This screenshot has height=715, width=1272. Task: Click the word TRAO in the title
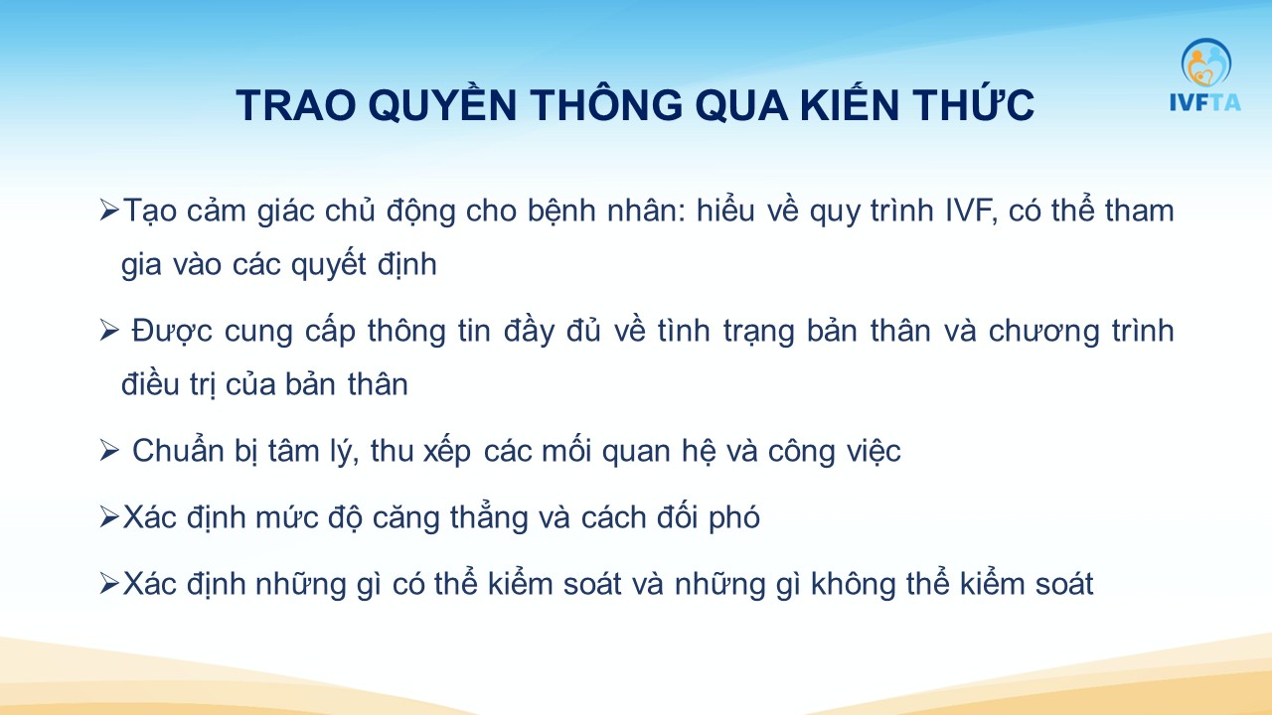point(296,106)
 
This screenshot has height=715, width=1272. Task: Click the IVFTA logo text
point(1205,102)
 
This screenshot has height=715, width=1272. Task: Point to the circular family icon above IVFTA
point(1206,63)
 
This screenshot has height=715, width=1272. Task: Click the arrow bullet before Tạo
point(109,211)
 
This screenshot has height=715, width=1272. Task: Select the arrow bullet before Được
point(109,331)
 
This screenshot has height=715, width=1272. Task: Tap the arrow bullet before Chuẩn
point(109,451)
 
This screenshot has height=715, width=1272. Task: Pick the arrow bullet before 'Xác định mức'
point(109,517)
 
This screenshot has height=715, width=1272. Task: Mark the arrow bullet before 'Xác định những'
point(109,584)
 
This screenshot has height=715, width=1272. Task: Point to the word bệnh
point(561,213)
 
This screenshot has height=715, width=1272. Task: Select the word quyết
point(329,263)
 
